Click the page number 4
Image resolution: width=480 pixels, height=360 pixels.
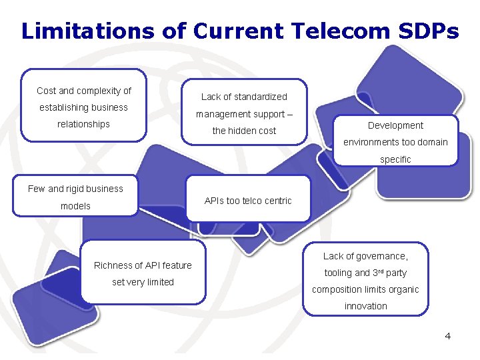[x=448, y=336]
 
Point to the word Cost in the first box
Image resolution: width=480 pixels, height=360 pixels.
[x=46, y=91]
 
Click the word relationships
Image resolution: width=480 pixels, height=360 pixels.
[x=83, y=124]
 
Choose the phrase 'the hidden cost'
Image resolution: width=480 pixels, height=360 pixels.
[x=244, y=131]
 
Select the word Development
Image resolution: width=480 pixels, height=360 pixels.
[x=395, y=125]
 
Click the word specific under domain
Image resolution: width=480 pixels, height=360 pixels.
[x=395, y=159]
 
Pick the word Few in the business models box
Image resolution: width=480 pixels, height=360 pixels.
[x=36, y=189]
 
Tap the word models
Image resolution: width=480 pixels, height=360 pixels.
[x=75, y=206]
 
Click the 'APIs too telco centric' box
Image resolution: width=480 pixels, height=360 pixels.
[x=248, y=201]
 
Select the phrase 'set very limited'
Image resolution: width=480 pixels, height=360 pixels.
[x=143, y=282]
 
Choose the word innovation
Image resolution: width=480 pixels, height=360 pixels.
[x=365, y=306]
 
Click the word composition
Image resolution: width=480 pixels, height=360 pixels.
[x=339, y=289]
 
